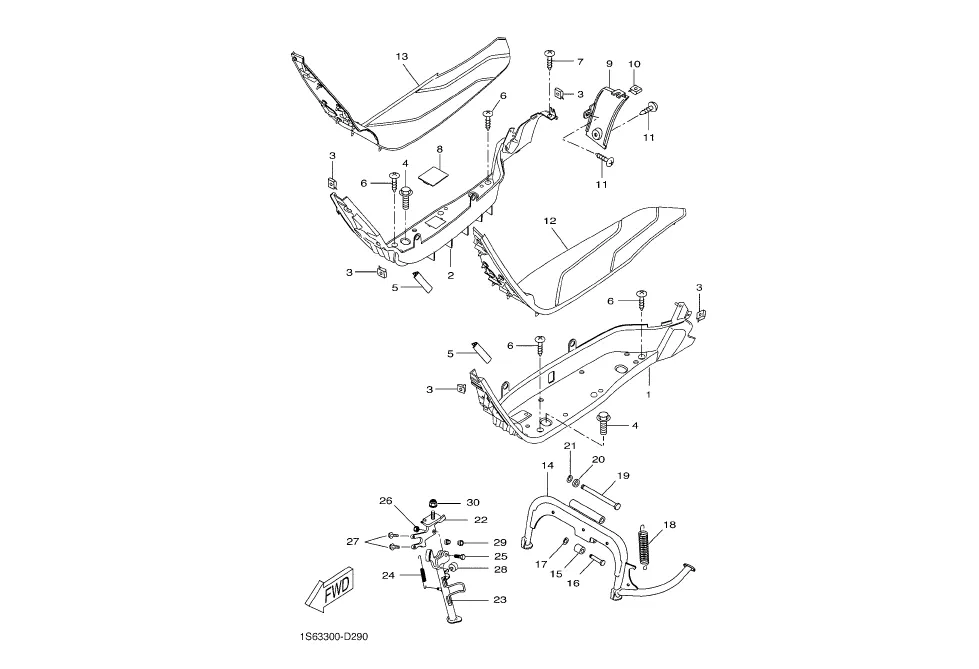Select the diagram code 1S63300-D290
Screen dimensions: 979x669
point(331,637)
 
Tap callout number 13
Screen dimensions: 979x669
point(401,56)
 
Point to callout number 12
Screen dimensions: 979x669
point(549,221)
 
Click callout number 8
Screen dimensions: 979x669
point(440,149)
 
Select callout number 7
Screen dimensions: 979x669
point(580,61)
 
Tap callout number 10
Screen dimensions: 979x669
point(634,64)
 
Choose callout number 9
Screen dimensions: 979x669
point(609,64)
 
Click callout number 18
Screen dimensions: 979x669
point(669,525)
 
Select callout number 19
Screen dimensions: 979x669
point(623,475)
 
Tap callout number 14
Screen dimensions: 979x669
point(548,465)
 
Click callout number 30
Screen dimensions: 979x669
point(473,502)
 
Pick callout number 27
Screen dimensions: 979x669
point(353,542)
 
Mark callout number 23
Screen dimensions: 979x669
point(499,600)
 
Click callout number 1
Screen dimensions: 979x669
point(648,395)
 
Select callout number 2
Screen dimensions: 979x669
point(450,275)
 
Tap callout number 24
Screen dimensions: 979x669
point(388,575)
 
